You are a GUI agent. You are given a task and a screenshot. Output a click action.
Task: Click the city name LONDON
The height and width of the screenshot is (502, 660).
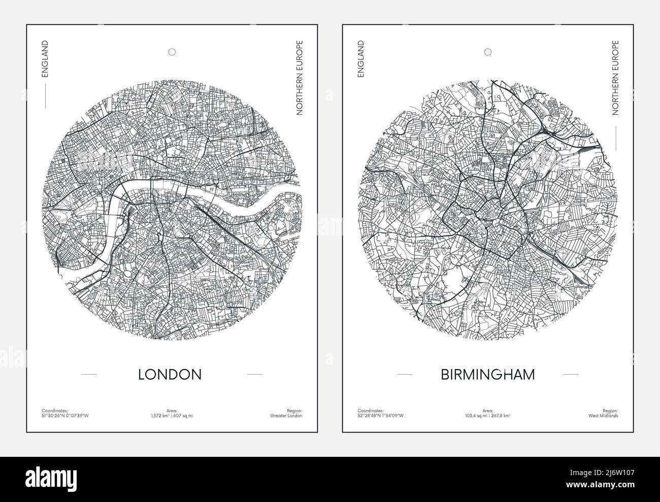(x=170, y=374)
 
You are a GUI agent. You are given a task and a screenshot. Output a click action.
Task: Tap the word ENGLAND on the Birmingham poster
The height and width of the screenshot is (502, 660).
(x=361, y=59)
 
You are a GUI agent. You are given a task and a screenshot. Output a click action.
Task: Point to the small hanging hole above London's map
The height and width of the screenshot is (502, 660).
(x=172, y=52)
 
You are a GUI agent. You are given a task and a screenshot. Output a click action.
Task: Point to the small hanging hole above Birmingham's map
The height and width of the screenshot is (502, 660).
(x=488, y=52)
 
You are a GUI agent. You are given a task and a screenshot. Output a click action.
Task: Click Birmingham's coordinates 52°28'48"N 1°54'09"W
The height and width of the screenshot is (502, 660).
(x=381, y=416)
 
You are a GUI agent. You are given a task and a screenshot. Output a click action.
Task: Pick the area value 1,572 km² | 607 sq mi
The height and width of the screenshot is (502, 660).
(x=172, y=416)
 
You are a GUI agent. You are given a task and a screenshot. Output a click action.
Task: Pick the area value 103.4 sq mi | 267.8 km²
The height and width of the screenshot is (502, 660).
(x=488, y=416)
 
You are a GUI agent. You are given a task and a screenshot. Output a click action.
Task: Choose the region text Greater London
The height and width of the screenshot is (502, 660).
(x=287, y=416)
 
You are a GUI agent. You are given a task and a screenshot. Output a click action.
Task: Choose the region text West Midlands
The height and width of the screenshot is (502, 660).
(x=605, y=416)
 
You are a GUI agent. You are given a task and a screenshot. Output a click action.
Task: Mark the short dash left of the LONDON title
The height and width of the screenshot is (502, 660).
(x=89, y=375)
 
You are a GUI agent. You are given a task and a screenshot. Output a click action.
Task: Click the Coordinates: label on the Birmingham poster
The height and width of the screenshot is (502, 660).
(x=369, y=410)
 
